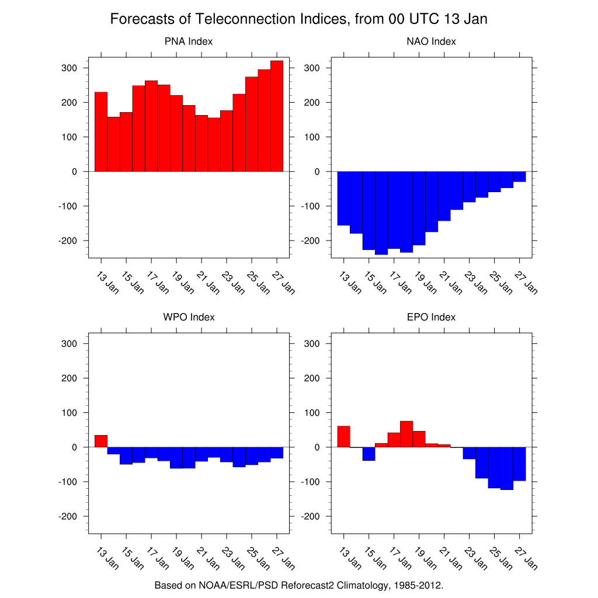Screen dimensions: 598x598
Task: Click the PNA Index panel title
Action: (x=188, y=41)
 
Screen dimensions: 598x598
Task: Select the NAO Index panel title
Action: (x=431, y=41)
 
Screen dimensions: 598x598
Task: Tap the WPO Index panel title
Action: (x=188, y=317)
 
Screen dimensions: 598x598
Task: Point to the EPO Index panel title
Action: (x=431, y=317)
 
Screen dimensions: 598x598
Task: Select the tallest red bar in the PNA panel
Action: (x=277, y=117)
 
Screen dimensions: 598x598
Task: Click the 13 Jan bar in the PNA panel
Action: (x=101, y=132)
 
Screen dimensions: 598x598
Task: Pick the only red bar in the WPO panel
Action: (x=101, y=441)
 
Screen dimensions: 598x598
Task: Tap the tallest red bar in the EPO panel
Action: (x=406, y=434)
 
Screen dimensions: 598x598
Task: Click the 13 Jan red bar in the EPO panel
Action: (x=344, y=437)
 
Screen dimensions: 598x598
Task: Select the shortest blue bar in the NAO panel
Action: (x=519, y=176)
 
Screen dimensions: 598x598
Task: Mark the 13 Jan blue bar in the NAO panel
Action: (x=344, y=198)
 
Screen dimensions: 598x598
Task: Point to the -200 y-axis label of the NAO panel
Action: (x=310, y=241)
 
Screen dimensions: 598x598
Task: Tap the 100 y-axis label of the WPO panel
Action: (x=70, y=413)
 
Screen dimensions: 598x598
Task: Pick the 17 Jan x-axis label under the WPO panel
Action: (x=157, y=559)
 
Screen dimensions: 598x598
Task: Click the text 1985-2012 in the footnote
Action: (x=413, y=585)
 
